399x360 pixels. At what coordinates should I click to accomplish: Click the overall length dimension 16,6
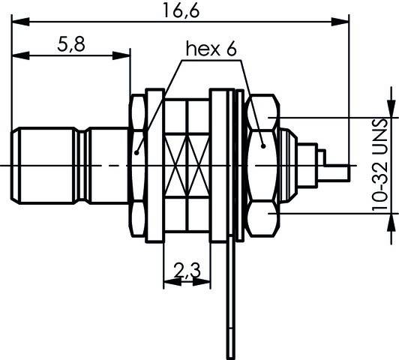pos(180,10)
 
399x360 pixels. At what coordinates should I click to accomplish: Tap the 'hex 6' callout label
pos(211,49)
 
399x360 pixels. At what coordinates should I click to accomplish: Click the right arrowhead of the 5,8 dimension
pos(126,56)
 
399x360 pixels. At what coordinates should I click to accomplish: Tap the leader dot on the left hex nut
pos(137,152)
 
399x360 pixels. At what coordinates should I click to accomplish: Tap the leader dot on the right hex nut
pos(262,145)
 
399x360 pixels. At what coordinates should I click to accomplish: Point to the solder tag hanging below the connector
pos(227,300)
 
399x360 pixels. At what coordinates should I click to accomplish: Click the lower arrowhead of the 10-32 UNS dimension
pos(389,218)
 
